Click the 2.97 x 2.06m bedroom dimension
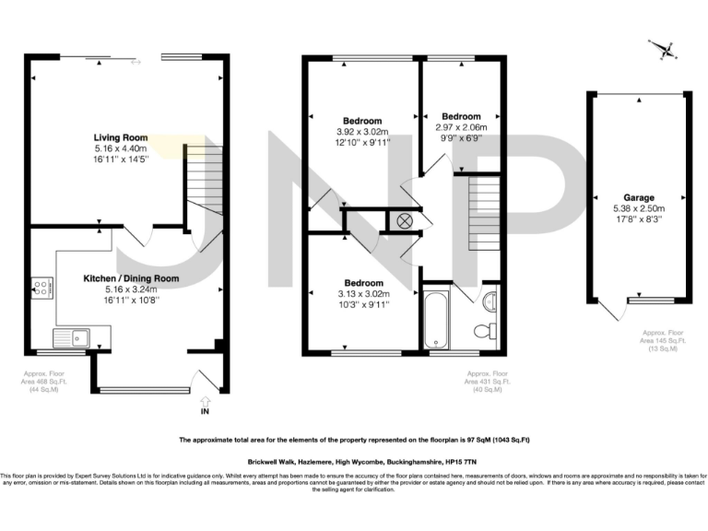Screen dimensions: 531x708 click(x=460, y=128)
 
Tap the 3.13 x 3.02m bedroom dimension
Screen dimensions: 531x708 click(x=363, y=294)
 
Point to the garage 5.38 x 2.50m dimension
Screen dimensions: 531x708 click(x=639, y=208)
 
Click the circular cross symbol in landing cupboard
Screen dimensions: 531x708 click(x=404, y=220)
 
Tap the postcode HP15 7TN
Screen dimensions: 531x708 click(x=481, y=460)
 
